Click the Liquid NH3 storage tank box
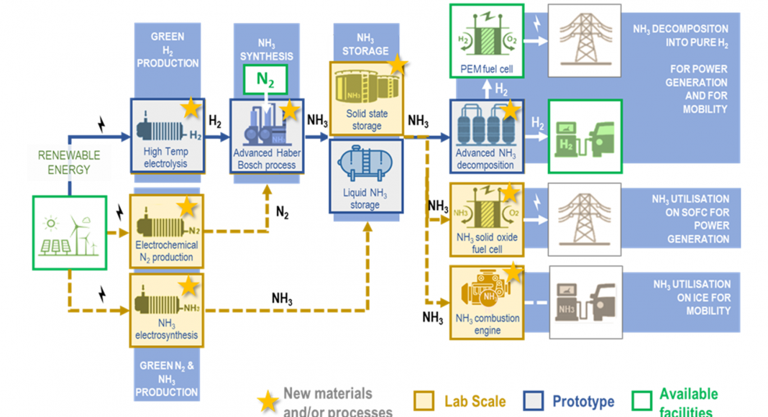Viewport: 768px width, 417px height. (x=365, y=176)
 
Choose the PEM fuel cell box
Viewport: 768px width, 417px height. (x=485, y=41)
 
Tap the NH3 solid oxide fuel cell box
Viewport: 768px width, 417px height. (x=485, y=220)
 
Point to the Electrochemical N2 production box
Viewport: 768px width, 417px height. (x=166, y=230)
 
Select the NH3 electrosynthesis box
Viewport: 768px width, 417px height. (x=166, y=308)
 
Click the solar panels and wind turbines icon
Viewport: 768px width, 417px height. (x=69, y=233)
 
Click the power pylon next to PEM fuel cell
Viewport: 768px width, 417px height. (x=585, y=40)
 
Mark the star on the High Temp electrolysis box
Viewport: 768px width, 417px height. (x=191, y=108)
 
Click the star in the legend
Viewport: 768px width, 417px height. (x=269, y=402)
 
